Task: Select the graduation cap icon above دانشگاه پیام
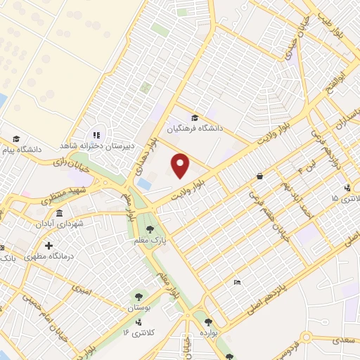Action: click(16, 139)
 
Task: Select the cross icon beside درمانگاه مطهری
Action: click(49, 245)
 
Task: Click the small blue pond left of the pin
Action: click(144, 184)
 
